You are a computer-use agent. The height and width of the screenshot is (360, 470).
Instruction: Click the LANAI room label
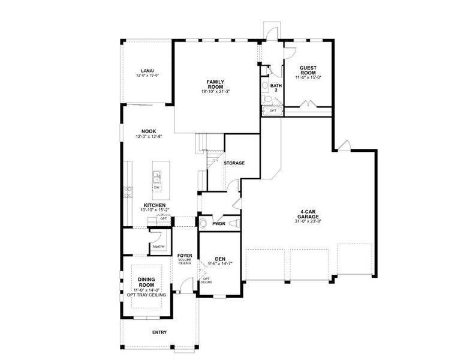tap(147, 70)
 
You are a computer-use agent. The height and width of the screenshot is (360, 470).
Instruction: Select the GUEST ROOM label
tap(308, 70)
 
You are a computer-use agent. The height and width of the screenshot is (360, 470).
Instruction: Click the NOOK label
tap(149, 131)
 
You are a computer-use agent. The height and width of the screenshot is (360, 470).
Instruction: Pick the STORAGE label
tap(234, 163)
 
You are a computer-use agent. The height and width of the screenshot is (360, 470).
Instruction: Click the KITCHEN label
tap(155, 205)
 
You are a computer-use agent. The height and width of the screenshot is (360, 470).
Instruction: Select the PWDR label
tap(218, 224)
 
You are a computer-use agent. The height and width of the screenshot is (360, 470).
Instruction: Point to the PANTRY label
tap(158, 247)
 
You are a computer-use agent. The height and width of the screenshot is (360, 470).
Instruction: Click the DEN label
tap(220, 259)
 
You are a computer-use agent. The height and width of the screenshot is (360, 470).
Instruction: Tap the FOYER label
tap(185, 256)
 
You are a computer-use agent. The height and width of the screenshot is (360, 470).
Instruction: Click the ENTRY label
tap(159, 332)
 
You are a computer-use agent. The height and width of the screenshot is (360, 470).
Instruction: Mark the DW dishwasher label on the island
tap(156, 188)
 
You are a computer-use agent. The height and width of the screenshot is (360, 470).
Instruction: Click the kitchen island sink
tap(156, 177)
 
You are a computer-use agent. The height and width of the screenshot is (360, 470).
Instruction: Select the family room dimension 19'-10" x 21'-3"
tap(216, 91)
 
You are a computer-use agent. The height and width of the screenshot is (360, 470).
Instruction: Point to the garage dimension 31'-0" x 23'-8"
tap(308, 221)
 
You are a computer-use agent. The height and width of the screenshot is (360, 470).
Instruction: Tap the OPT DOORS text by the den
tap(206, 280)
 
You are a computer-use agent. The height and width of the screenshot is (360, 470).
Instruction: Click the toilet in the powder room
tap(203, 224)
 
